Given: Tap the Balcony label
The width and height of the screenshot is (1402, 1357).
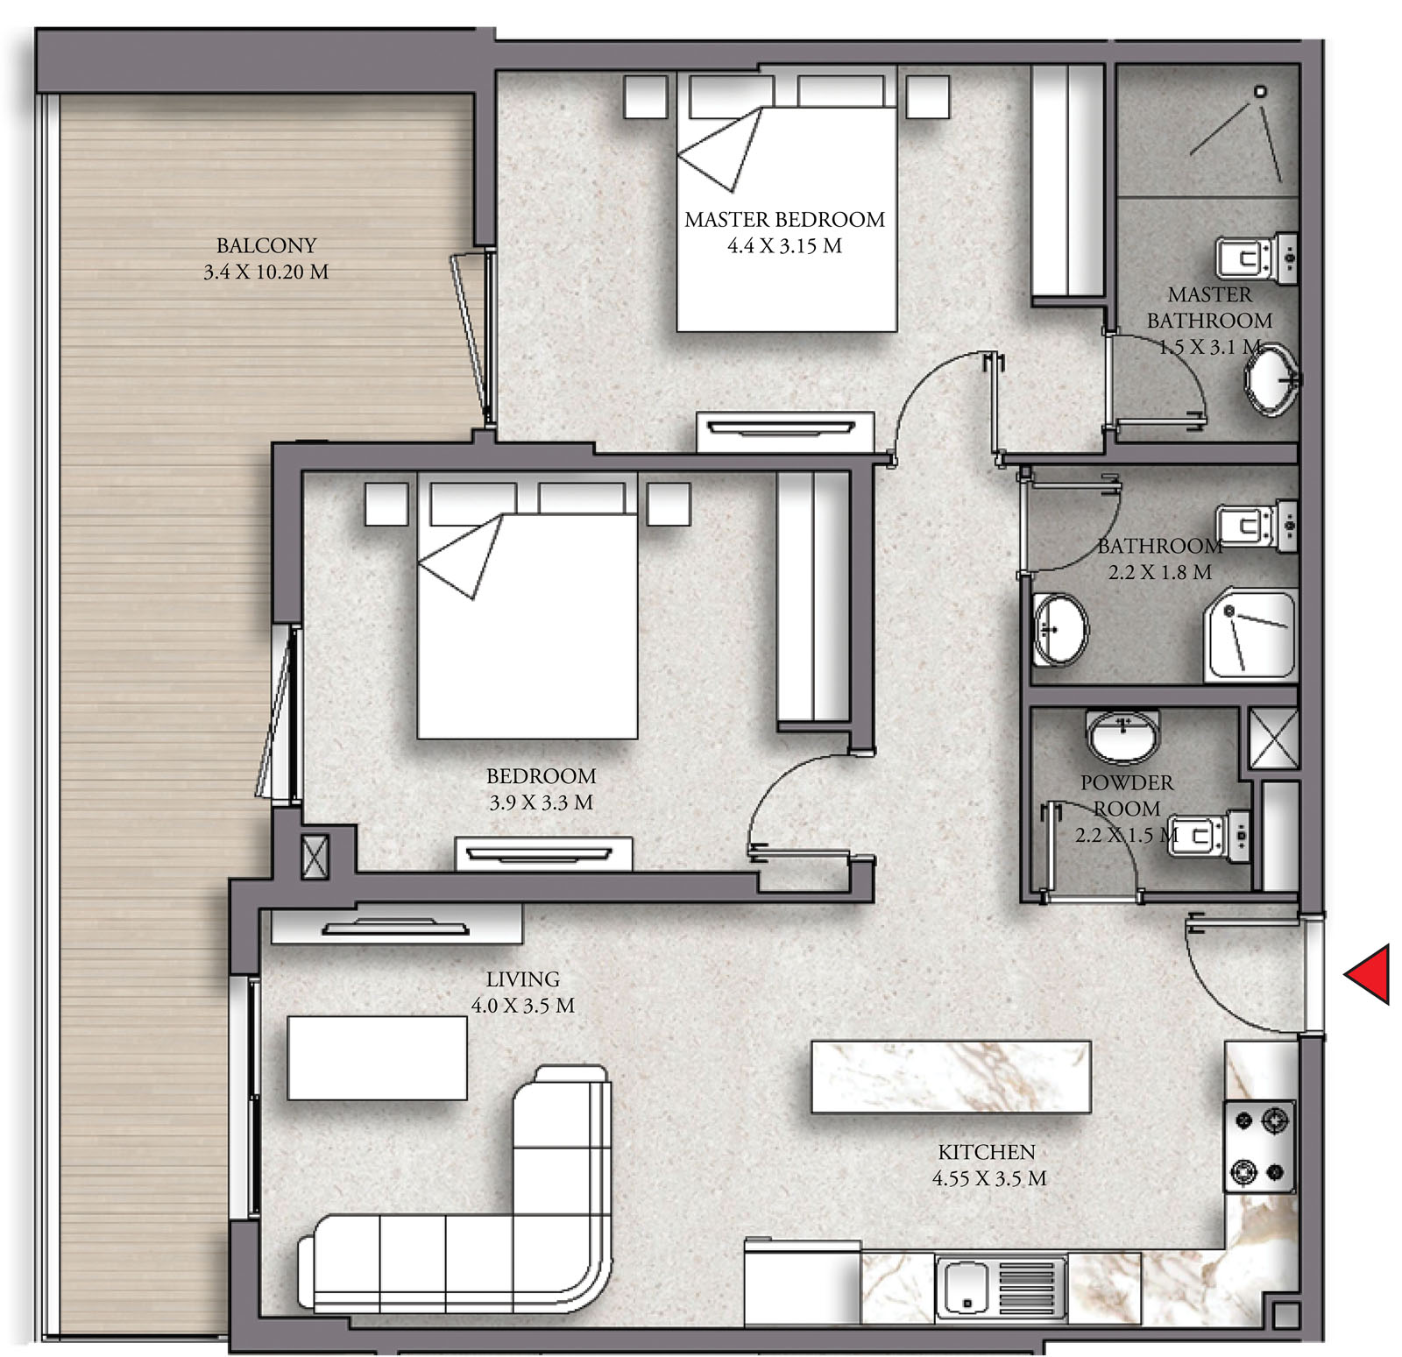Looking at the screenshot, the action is coord(266,245).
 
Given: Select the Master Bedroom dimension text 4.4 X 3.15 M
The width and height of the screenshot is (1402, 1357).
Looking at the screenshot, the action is coord(784,246).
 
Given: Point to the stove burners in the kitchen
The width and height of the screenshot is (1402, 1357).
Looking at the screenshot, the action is coord(1259,1145).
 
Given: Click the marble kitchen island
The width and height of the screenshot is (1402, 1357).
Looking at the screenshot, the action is coord(951,1077).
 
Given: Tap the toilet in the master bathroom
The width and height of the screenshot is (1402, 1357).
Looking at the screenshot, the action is coord(1257,259).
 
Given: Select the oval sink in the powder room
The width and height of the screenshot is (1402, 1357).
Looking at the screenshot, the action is coord(1123,734).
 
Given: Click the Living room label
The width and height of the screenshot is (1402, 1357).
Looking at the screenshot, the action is coord(523,979).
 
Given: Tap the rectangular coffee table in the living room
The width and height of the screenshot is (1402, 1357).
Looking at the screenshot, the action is coord(378,1057).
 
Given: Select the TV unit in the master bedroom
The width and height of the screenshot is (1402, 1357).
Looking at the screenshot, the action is coord(785,431).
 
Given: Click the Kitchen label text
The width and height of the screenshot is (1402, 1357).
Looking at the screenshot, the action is coord(987,1152).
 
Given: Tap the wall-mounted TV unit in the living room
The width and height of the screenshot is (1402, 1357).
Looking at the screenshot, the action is coord(396,925).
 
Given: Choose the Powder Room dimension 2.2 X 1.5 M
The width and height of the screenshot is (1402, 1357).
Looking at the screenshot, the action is coord(1127,835).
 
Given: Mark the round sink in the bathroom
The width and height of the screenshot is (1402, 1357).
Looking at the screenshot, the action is coord(1060,629).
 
